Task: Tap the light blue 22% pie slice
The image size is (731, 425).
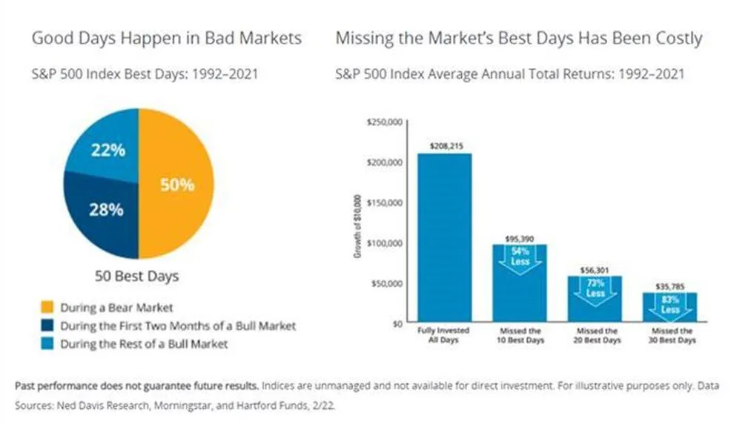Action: point(107,152)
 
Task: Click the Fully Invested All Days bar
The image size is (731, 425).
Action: point(444,237)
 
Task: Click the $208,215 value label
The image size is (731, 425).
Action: point(443,147)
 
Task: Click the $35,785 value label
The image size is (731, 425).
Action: point(669,286)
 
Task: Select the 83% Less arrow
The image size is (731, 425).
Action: point(669,304)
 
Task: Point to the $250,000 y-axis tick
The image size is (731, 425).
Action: point(384,122)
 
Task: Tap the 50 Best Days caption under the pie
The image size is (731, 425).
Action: point(136,277)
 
